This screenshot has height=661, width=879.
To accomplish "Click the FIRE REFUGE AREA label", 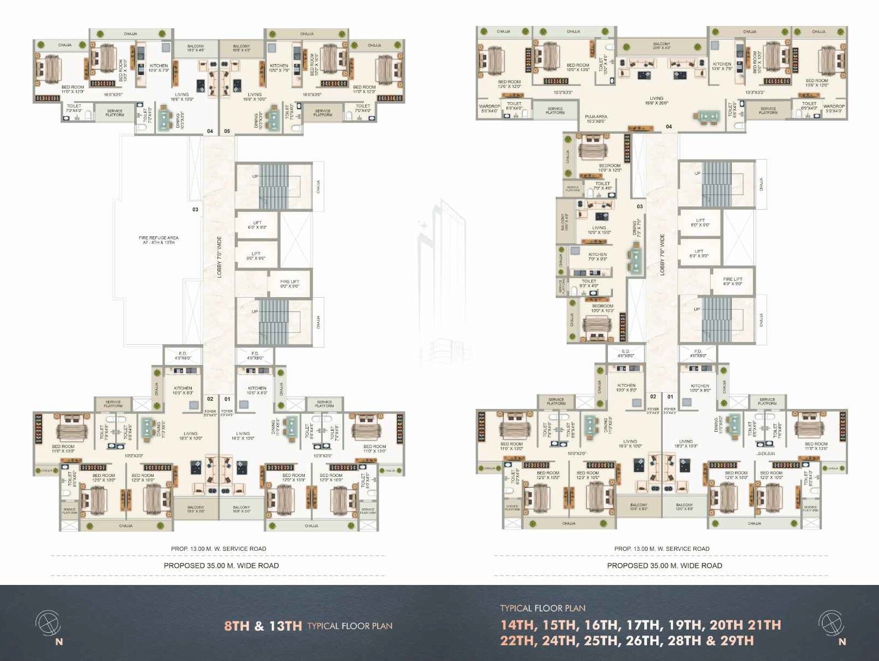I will (158, 240).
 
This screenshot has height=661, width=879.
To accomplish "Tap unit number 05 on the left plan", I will (227, 131).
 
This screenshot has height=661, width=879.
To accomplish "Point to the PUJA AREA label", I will (596, 118).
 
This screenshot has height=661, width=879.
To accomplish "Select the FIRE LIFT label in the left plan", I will (290, 284).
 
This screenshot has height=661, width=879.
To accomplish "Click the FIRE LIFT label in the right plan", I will (732, 281).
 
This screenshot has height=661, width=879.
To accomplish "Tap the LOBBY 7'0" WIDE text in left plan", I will (219, 257).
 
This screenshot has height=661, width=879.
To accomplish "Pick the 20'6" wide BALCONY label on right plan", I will (661, 46).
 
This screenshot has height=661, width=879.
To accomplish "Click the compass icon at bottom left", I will (47, 623).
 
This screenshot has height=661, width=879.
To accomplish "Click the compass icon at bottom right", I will (831, 623).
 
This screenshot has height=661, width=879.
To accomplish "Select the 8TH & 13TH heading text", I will (263, 626).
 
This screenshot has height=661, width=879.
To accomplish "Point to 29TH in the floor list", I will (737, 641).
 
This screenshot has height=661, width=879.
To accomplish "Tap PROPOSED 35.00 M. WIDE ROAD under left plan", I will (221, 565).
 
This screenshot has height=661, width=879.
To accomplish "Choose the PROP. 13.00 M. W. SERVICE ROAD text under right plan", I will (662, 549).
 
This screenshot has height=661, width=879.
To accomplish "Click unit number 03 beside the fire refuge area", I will (195, 210).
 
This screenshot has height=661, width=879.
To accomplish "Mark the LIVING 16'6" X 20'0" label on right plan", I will (656, 101).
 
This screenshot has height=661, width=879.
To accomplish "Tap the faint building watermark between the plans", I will (442, 282).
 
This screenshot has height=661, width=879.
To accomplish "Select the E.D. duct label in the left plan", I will (183, 356).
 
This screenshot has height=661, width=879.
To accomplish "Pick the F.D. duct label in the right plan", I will (698, 354).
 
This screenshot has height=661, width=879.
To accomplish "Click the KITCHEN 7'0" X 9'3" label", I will (598, 256).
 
